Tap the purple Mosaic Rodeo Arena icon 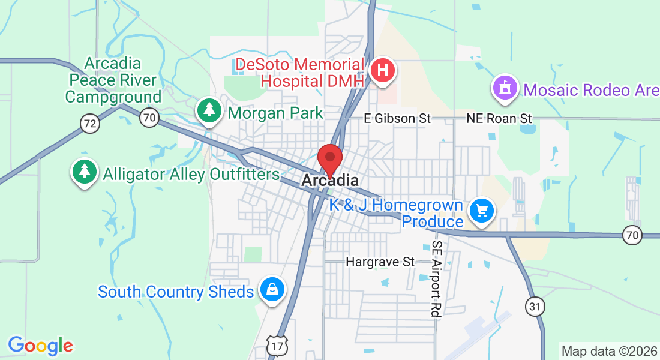[505, 89]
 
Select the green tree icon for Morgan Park [209, 110]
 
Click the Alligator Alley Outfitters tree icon [85, 172]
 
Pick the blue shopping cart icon [481, 211]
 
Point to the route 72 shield [89, 124]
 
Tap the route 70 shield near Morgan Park [149, 117]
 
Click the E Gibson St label [398, 119]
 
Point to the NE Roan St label [499, 119]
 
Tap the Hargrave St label [380, 262]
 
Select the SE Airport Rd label [436, 278]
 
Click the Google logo [40, 346]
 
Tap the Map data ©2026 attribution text [609, 350]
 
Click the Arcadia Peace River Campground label [113, 80]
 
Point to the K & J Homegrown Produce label [396, 213]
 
